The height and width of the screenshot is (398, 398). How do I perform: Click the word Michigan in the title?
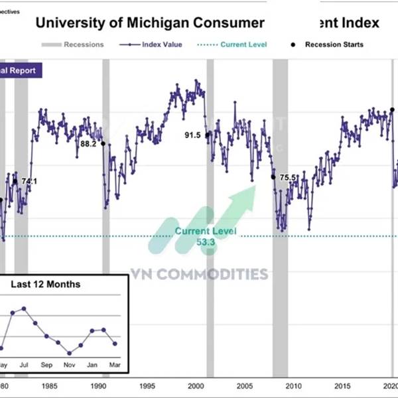tap(153, 23)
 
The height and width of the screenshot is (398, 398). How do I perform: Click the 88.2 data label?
tap(88, 143)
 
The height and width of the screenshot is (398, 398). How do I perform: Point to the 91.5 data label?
tap(192, 135)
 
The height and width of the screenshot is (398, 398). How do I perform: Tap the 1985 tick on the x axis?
tap(48, 387)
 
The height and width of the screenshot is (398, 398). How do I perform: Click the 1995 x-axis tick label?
tap(147, 387)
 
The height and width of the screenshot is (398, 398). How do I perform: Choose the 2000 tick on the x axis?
tap(196, 387)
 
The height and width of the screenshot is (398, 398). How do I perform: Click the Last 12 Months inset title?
tap(46, 285)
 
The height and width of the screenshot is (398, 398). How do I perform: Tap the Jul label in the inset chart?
tap(25, 364)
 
